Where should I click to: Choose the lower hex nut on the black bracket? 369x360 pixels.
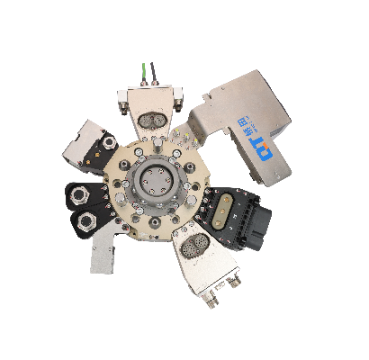click(90, 221)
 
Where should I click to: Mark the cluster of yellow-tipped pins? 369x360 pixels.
click(187, 135)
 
